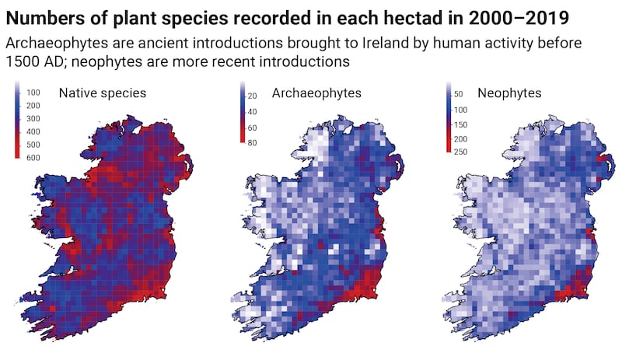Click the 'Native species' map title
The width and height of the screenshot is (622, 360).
click(103, 93)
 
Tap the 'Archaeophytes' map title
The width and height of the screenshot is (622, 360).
click(316, 93)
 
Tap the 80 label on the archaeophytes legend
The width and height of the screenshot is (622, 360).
click(252, 142)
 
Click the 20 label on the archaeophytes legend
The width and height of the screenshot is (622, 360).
click(252, 96)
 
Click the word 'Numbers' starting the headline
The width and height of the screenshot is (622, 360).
click(42, 17)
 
